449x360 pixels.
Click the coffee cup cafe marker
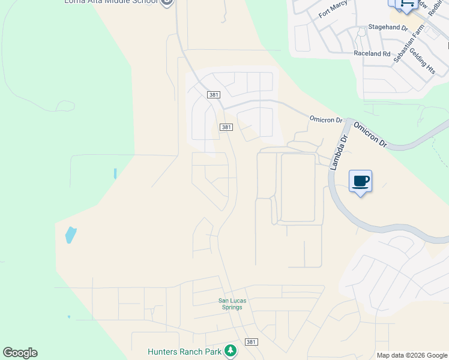360,181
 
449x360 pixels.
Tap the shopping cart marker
408,4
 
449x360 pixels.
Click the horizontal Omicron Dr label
325,119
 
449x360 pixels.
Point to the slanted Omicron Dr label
370,135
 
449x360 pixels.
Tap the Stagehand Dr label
388,28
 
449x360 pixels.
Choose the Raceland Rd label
372,53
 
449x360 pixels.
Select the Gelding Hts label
423,62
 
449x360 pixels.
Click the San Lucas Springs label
230,304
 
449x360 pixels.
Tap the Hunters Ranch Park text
185,352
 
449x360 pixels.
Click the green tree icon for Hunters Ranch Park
230,350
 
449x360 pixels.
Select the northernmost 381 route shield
214,95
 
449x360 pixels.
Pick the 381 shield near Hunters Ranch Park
252,342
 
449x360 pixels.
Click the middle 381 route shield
226,127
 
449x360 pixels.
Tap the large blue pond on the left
70,235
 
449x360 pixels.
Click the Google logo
20,353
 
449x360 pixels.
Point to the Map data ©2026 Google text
412,355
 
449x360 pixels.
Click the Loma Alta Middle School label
111,2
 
